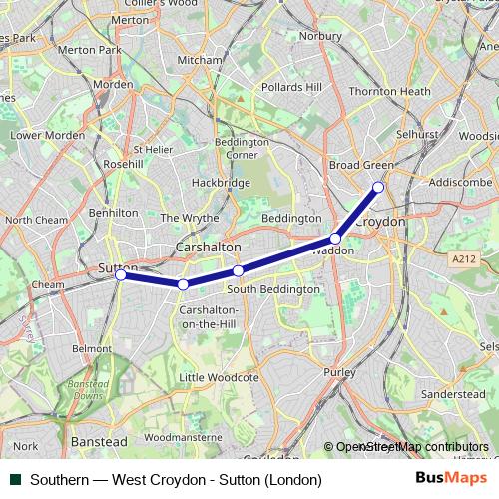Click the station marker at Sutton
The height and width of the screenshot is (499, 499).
(x=120, y=275)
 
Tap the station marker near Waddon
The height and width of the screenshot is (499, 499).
(x=336, y=239)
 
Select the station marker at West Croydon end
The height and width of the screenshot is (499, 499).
(x=378, y=187)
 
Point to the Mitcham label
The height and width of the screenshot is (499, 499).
(x=200, y=60)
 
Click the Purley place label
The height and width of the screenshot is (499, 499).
(x=339, y=371)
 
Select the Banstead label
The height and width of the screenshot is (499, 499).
(x=99, y=440)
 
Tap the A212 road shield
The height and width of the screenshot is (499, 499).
(x=461, y=258)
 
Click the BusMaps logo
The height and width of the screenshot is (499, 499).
(x=453, y=479)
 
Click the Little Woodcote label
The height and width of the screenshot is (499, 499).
(x=219, y=378)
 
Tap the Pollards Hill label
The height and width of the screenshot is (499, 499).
(x=291, y=87)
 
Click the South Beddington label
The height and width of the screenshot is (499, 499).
(x=273, y=289)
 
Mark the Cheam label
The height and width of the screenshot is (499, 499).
(x=47, y=284)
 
